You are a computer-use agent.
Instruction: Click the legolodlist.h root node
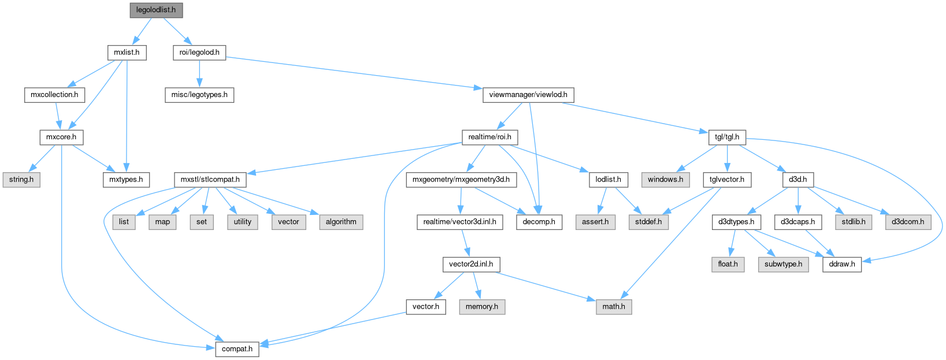click(x=155, y=10)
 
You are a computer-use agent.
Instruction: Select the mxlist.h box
click(x=127, y=53)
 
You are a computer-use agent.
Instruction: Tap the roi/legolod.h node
click(x=199, y=53)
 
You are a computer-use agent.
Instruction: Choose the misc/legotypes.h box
click(x=199, y=95)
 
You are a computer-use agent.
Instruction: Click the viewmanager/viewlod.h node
click(x=528, y=95)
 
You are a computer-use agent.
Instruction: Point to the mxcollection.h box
click(x=54, y=95)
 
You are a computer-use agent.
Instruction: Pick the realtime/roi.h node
click(x=489, y=137)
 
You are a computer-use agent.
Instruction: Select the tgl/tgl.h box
click(x=727, y=137)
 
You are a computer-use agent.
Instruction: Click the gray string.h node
click(x=21, y=180)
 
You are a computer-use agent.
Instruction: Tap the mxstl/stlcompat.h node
click(x=210, y=180)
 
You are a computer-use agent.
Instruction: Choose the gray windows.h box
click(x=665, y=180)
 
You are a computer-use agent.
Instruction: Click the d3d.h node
click(x=797, y=180)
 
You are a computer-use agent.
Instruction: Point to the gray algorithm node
click(x=341, y=222)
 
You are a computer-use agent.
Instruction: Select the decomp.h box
click(x=539, y=222)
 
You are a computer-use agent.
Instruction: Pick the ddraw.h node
click(x=842, y=264)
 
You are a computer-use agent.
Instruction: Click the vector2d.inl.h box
click(x=471, y=264)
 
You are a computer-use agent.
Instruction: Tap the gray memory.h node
click(x=482, y=307)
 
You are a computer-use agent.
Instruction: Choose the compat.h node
click(x=237, y=349)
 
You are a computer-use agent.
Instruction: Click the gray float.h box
click(x=728, y=264)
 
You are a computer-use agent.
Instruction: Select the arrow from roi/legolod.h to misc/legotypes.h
click(x=199, y=73)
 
